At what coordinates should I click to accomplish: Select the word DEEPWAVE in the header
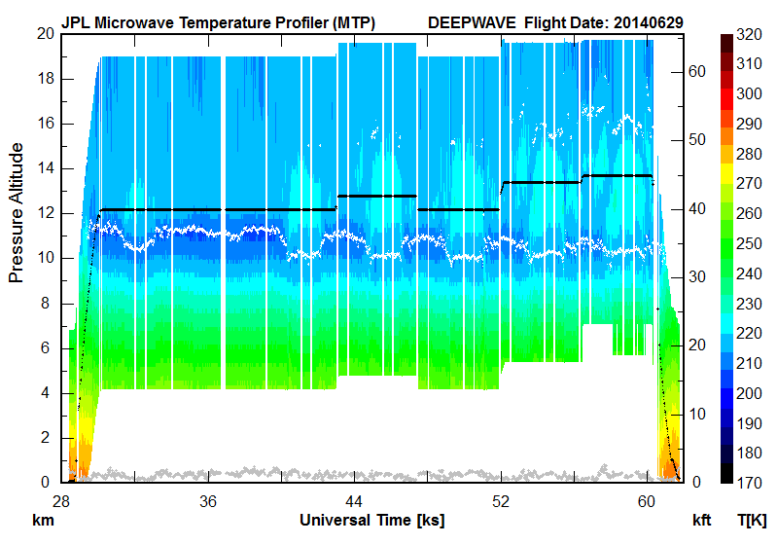(x=470, y=20)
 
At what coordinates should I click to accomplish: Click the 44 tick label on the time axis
(x=354, y=500)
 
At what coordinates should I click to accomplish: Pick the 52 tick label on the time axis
(x=501, y=500)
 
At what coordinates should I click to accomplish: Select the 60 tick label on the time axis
(x=648, y=500)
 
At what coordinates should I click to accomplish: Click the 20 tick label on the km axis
(x=45, y=33)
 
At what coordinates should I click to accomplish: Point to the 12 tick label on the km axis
(x=45, y=213)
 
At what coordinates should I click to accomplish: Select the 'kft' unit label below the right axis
(x=702, y=520)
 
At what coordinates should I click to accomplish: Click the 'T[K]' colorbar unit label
(x=754, y=520)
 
